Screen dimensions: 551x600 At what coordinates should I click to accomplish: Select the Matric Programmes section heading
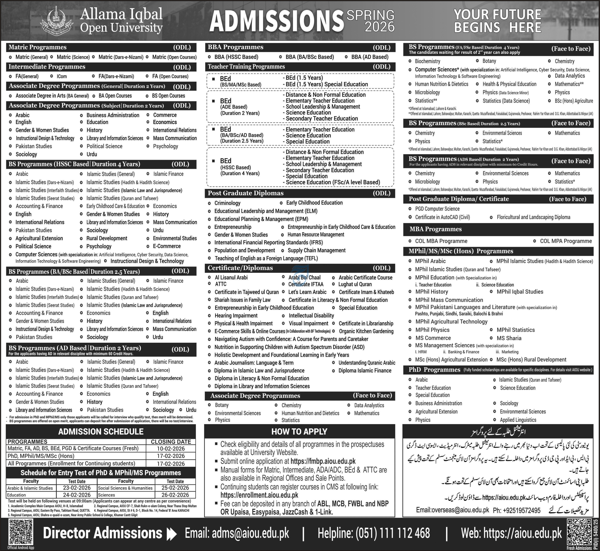[x=38, y=47]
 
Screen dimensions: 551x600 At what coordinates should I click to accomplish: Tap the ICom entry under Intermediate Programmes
[x=62, y=76]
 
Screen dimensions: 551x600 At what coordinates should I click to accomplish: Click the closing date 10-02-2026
[x=171, y=448]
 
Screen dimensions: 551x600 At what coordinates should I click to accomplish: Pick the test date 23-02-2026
[x=77, y=488]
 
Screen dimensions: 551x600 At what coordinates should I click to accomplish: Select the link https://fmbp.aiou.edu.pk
[x=323, y=461]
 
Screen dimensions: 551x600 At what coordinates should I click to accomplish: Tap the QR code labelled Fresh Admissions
[x=579, y=532]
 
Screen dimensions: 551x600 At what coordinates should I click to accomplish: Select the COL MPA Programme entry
[x=566, y=241]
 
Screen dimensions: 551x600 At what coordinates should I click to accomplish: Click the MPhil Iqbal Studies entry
[x=520, y=292]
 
